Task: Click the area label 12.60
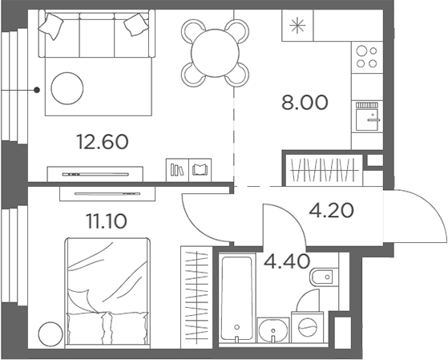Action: coord(102,142)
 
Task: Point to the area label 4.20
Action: coord(332,212)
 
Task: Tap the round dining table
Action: coord(214,51)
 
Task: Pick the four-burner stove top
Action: coord(367,57)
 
